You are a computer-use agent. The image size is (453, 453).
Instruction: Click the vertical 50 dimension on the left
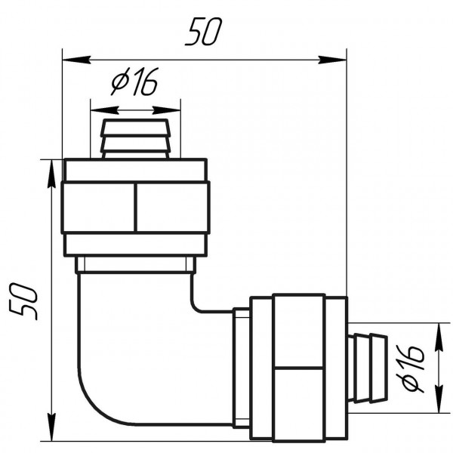(23, 300)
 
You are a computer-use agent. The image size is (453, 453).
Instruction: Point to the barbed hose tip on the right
(368, 366)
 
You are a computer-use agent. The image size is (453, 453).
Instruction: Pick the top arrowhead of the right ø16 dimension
(438, 333)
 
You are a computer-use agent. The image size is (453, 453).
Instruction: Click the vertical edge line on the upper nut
(135, 207)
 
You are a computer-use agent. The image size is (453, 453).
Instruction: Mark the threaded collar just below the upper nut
(135, 265)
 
